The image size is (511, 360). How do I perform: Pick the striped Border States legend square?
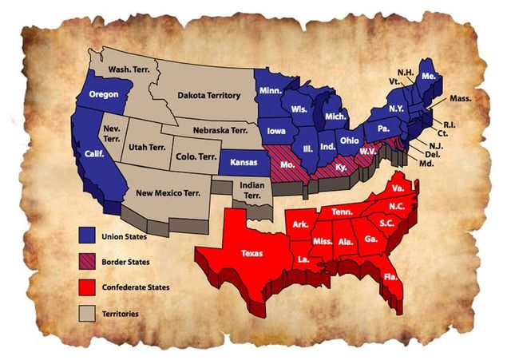click(86, 260)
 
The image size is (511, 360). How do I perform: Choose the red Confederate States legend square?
click(86, 287)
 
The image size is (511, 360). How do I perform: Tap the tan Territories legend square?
click(86, 313)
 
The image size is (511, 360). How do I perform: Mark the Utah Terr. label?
click(146, 147)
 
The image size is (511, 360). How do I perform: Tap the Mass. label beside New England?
click(461, 98)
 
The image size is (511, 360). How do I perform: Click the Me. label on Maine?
click(429, 76)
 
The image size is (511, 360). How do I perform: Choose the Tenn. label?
click(342, 211)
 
